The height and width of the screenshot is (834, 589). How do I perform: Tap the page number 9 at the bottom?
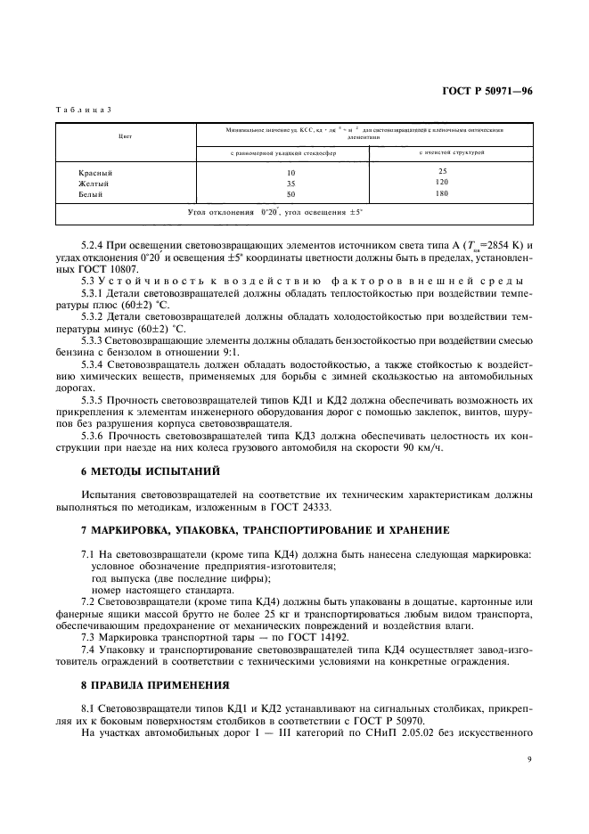coord(528,760)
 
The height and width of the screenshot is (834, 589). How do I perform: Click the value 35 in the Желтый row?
coord(290,183)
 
